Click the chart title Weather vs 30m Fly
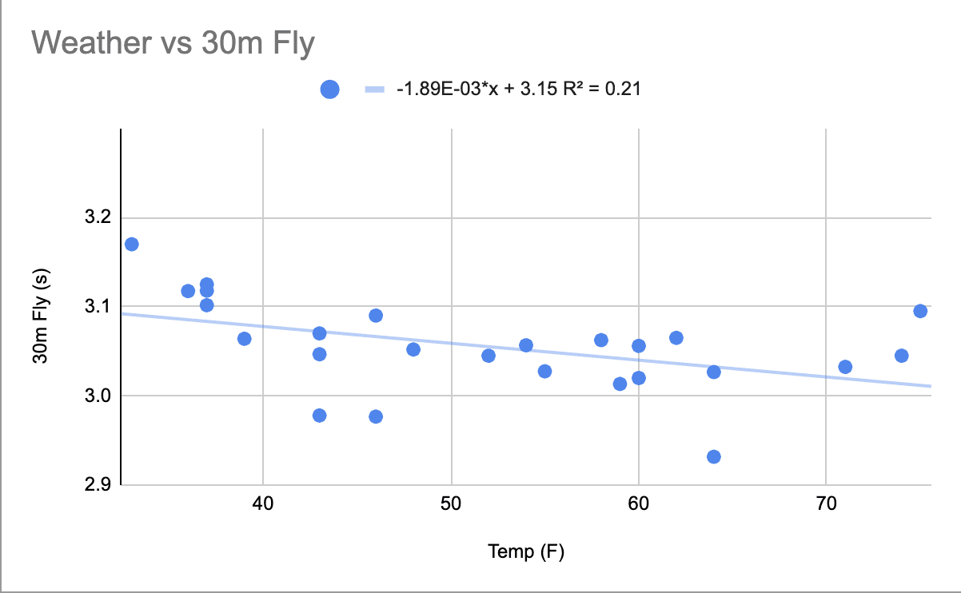click(x=173, y=43)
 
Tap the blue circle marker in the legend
click(x=329, y=90)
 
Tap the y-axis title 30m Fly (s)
click(x=41, y=316)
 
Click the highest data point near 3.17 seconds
click(x=132, y=244)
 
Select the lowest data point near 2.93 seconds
click(x=714, y=457)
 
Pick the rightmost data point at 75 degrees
click(x=920, y=311)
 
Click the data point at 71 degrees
click(x=845, y=367)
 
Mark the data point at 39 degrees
click(x=245, y=339)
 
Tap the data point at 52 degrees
click(x=488, y=356)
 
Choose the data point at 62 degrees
click(x=676, y=338)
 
